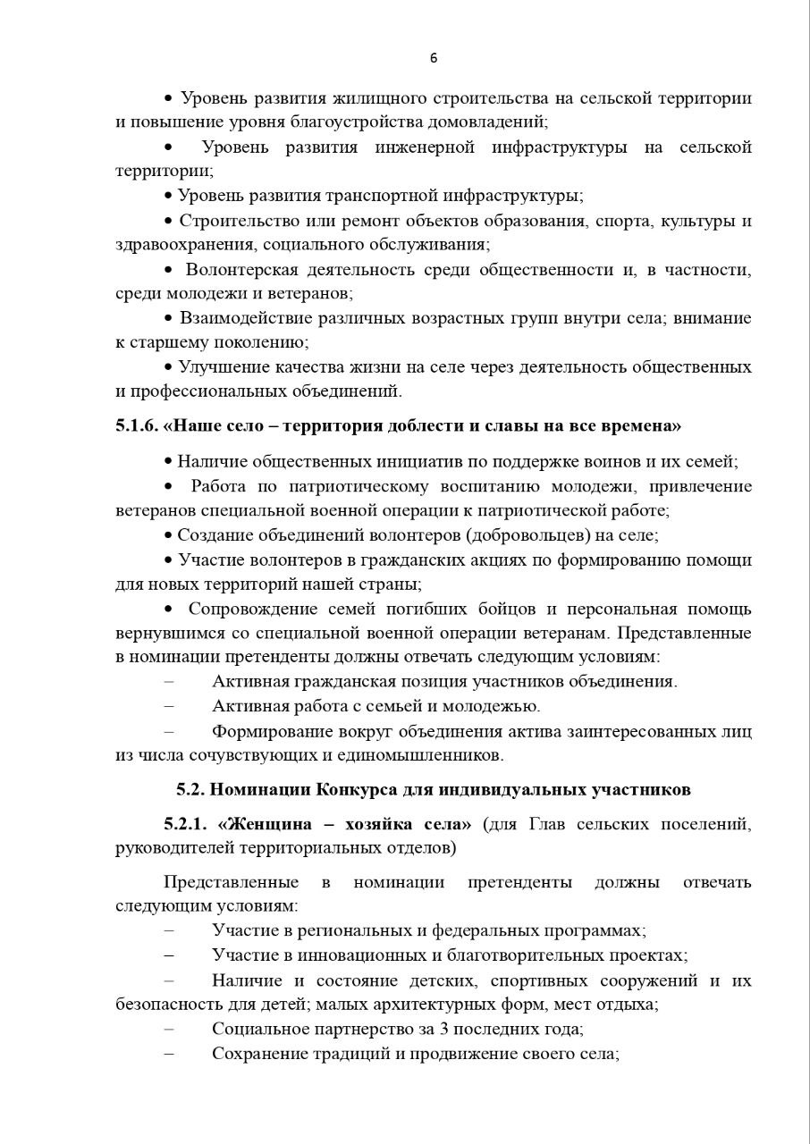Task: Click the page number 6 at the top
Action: point(434,58)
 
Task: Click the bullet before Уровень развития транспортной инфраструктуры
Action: point(168,196)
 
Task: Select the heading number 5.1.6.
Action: point(137,425)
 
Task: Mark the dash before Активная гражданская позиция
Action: point(169,682)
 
